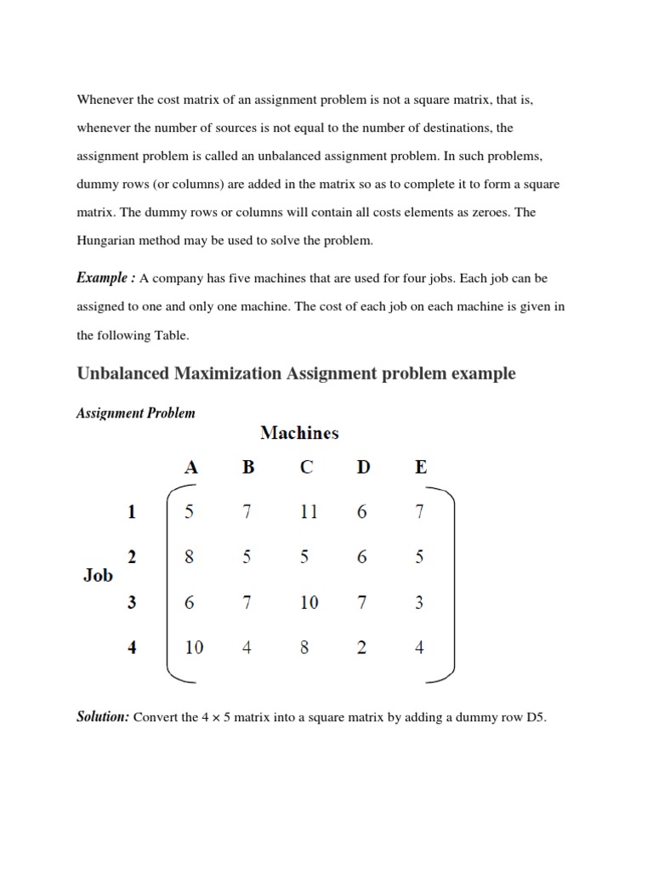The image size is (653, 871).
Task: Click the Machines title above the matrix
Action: tap(299, 433)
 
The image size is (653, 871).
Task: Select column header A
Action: tap(191, 467)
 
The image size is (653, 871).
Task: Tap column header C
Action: tap(307, 467)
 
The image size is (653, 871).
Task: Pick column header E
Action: tap(421, 467)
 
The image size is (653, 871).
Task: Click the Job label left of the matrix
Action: tap(98, 575)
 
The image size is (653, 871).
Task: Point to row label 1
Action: tap(132, 512)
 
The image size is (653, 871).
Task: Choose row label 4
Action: tap(132, 647)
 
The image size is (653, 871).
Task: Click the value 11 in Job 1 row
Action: tap(308, 512)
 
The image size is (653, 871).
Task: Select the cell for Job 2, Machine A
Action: tap(189, 557)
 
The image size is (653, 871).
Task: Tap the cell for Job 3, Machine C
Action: tap(309, 602)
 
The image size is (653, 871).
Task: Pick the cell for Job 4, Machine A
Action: tap(194, 647)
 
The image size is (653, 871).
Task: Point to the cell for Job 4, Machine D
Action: tap(362, 647)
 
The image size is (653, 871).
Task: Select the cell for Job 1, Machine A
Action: tap(189, 512)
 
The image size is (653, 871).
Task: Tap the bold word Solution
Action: tap(102, 717)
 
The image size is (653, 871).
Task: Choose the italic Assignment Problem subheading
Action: tap(136, 413)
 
